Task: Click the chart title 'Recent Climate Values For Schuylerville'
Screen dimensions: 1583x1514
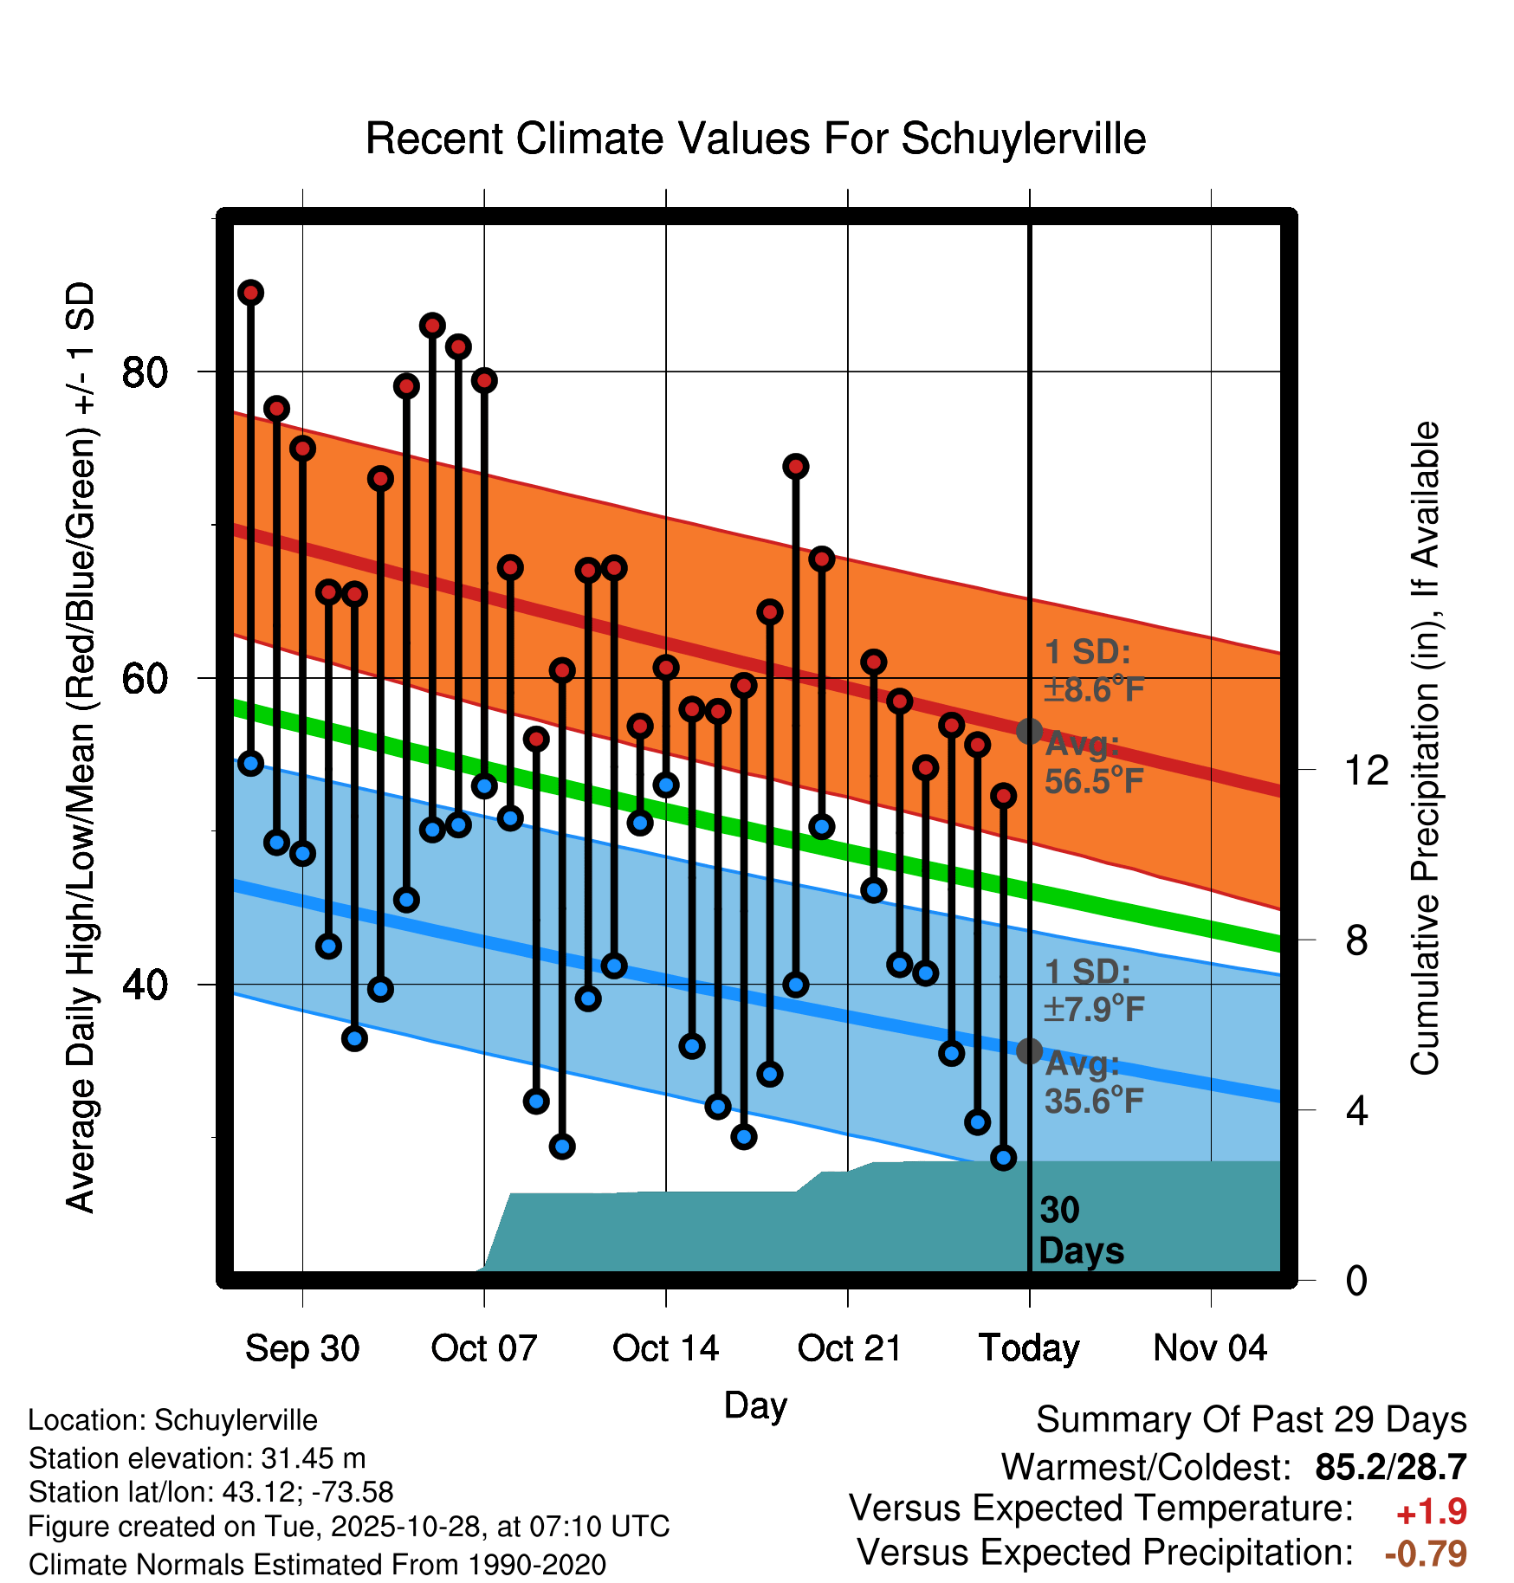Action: pyautogui.click(x=755, y=139)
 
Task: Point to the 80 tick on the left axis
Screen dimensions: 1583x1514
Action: pyautogui.click(x=144, y=372)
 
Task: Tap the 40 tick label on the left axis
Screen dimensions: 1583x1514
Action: pyautogui.click(x=144, y=985)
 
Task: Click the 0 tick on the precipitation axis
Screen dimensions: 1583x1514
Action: pyautogui.click(x=1356, y=1280)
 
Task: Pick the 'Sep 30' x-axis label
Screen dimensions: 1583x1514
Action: pyautogui.click(x=301, y=1348)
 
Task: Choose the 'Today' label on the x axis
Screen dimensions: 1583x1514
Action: pyautogui.click(x=1029, y=1348)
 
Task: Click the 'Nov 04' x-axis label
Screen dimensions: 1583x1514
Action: pyautogui.click(x=1210, y=1348)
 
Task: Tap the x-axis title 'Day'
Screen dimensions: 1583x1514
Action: pyautogui.click(x=755, y=1405)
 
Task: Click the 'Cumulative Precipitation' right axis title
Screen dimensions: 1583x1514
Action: pyautogui.click(x=1425, y=749)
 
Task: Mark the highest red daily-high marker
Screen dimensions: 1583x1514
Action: pyautogui.click(x=251, y=293)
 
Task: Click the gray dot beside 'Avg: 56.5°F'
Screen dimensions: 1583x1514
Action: pyautogui.click(x=1029, y=731)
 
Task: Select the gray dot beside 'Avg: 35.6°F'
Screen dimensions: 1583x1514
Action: pyautogui.click(x=1029, y=1051)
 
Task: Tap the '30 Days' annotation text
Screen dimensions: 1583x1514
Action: pyautogui.click(x=1080, y=1231)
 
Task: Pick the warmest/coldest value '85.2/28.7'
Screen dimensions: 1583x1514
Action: pyautogui.click(x=1390, y=1468)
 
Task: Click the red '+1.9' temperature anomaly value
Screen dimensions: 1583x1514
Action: pyautogui.click(x=1431, y=1512)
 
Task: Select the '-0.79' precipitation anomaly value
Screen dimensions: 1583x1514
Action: pyautogui.click(x=1425, y=1554)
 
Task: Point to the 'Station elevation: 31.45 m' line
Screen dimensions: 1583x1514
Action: pyautogui.click(x=197, y=1458)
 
